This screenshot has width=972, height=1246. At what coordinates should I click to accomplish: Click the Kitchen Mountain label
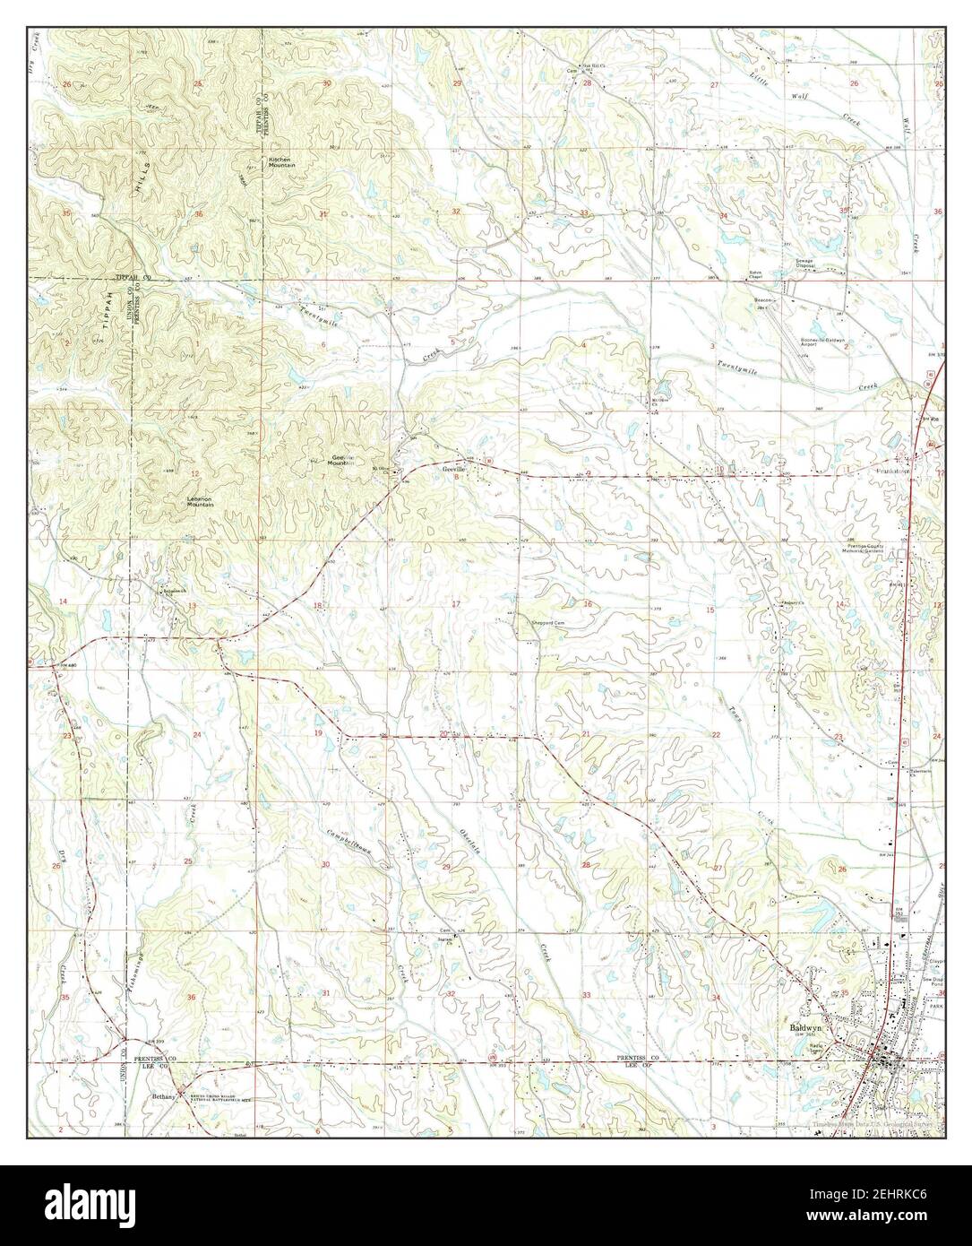280,162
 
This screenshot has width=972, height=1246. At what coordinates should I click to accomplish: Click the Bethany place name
164,1095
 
